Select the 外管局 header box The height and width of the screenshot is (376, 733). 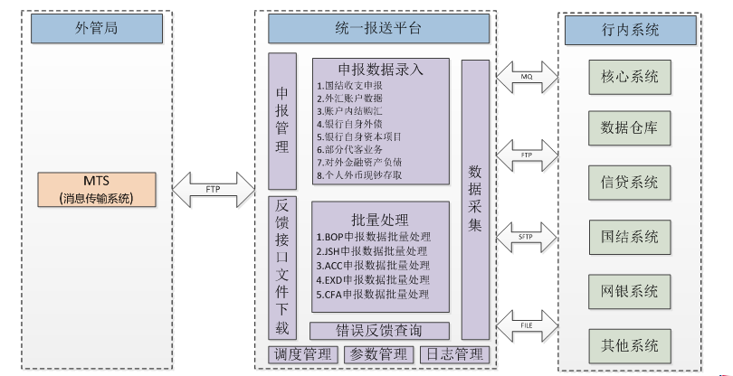coord(95,29)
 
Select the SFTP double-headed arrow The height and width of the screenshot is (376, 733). coord(526,238)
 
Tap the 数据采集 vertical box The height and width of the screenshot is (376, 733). coord(474,199)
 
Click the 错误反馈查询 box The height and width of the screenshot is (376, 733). coord(380,330)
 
